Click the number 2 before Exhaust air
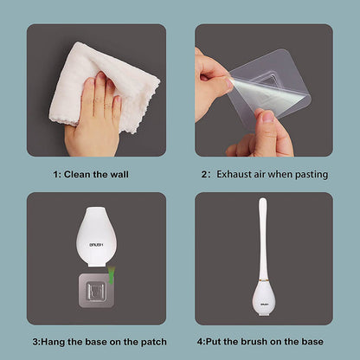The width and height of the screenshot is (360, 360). tap(204, 174)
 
